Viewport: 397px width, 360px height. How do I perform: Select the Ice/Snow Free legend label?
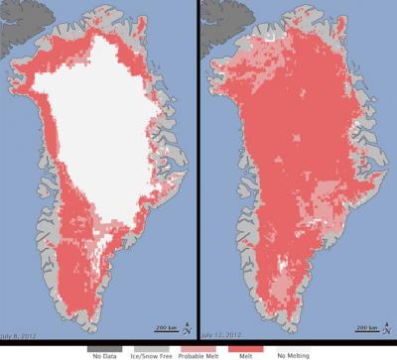[150, 353]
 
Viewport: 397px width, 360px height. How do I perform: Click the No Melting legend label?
[291, 353]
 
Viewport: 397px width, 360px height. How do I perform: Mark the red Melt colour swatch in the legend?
[245, 343]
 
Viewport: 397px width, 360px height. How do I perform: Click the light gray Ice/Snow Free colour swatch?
[150, 343]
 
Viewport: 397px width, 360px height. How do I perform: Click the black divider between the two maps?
[198, 169]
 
